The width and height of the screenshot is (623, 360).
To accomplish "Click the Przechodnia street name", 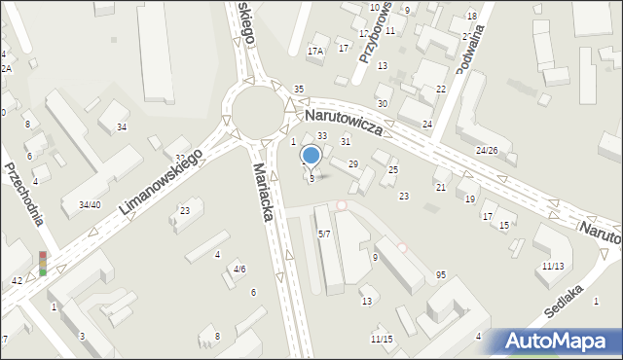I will (x=23, y=193).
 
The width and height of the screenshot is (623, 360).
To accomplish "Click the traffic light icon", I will (x=43, y=263).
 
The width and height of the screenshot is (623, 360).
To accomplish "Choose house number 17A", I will (x=315, y=51).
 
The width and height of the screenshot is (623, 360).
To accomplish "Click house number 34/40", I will (x=90, y=204).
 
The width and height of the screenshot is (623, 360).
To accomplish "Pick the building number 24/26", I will (x=487, y=151).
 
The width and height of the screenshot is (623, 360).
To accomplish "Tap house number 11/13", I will (x=553, y=266).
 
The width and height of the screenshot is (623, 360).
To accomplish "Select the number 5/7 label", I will (x=324, y=234).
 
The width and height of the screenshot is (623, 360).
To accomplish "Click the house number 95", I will (x=441, y=275).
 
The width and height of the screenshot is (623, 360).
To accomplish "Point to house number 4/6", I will (x=238, y=270).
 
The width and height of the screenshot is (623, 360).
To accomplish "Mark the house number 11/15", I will (x=381, y=339).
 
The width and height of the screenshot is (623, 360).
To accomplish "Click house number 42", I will (x=17, y=280).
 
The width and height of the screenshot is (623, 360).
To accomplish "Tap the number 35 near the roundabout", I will (x=299, y=90).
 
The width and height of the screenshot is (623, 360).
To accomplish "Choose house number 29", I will (x=353, y=163).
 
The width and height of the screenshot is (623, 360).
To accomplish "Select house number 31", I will (x=345, y=142).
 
